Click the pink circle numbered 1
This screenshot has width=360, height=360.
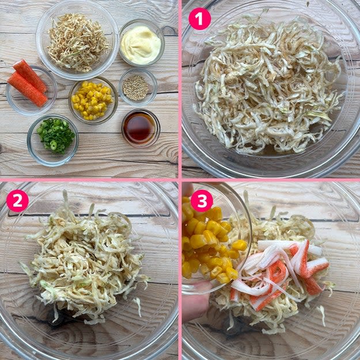point(199,19)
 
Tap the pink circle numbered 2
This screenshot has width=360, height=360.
point(17,200)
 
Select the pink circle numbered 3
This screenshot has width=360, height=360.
point(202,200)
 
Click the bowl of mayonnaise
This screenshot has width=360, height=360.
point(142,43)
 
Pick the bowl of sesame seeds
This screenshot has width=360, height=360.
point(138,87)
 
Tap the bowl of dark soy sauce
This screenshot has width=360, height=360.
point(141,128)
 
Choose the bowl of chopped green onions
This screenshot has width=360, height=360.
point(53,141)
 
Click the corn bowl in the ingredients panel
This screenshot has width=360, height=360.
point(93,100)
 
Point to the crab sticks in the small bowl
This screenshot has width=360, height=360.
point(28,83)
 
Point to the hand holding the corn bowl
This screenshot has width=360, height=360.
point(195,303)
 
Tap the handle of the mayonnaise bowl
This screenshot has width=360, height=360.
point(169,31)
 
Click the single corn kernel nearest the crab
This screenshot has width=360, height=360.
point(239,245)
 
